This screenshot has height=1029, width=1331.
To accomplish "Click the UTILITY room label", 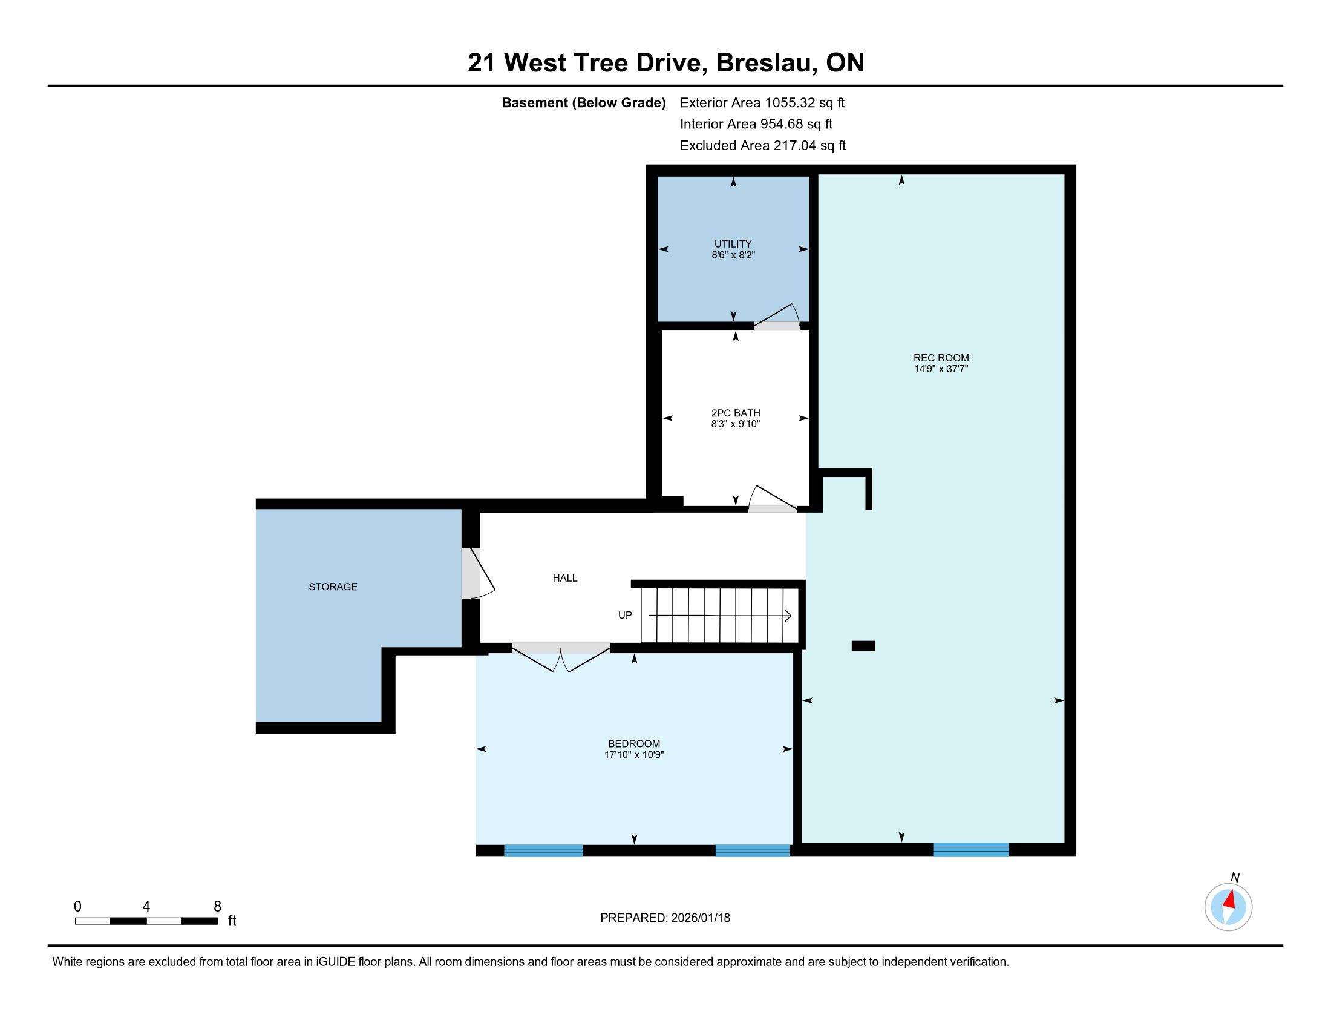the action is [733, 244].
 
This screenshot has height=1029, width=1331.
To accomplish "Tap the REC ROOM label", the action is [941, 358].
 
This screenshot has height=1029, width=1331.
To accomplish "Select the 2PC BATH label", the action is [736, 413].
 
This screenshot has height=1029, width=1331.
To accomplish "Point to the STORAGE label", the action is [333, 587].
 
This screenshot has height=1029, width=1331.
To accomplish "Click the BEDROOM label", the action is [634, 744].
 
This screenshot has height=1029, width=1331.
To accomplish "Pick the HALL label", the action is [565, 578].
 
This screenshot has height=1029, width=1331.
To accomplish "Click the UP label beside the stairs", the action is [626, 615].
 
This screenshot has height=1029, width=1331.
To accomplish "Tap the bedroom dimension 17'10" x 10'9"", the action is [634, 755].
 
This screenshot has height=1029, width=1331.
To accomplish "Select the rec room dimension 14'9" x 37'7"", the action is [941, 369].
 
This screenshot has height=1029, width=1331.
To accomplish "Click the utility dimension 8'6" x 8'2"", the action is [733, 255].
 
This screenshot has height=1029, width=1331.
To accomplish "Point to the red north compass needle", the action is [1230, 898].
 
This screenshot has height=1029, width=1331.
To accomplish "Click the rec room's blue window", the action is [971, 849].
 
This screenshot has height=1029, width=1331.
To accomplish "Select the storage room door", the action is [478, 573].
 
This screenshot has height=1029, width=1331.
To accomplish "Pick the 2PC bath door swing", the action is [772, 499].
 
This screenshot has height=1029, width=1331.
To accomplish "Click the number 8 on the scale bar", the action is [218, 907].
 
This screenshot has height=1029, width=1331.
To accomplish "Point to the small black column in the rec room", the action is [863, 646].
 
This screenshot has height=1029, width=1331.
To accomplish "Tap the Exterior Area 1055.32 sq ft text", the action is [762, 102].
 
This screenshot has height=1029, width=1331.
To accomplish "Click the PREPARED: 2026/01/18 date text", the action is [665, 918].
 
